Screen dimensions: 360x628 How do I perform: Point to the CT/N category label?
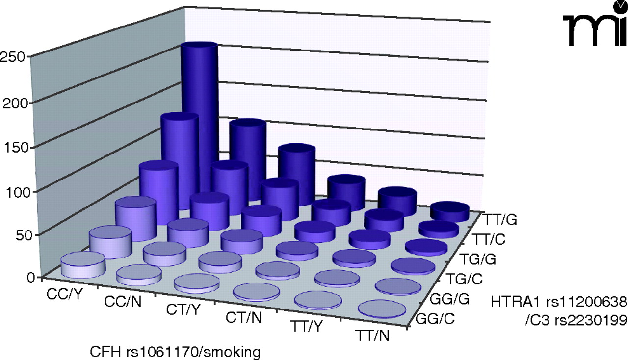click(x=244, y=318)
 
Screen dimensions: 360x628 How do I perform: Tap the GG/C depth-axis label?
click(x=435, y=321)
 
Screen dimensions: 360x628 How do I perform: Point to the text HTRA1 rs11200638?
click(x=559, y=300)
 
